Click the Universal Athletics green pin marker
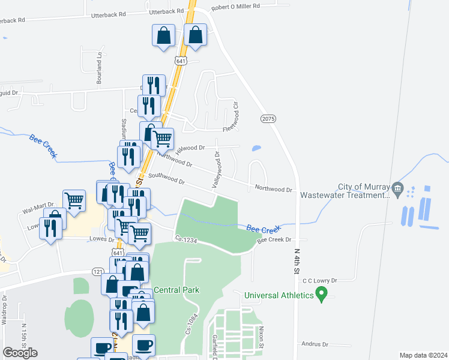click(321, 295)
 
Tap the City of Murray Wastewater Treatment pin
click(396, 189)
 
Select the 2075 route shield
click(268, 119)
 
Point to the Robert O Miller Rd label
click(235, 7)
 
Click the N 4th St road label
click(297, 262)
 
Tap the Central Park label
click(176, 290)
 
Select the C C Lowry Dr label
click(321, 280)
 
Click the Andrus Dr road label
click(315, 344)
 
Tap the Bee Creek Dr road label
click(274, 240)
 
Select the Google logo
click(20, 353)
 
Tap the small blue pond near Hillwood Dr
click(257, 148)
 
